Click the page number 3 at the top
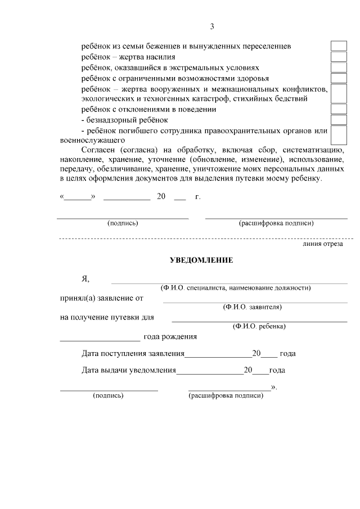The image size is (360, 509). [212, 26]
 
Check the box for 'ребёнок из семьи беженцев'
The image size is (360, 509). [338, 46]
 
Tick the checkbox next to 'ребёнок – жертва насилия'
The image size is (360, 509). [338, 56]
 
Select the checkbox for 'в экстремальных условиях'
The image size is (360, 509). [338, 67]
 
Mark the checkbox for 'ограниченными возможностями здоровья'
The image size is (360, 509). [338, 78]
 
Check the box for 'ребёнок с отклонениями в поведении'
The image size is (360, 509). [338, 109]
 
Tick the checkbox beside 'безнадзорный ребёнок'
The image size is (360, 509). [338, 119]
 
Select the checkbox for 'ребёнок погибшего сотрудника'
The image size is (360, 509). [338, 135]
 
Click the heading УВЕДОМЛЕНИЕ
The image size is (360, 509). [201, 260]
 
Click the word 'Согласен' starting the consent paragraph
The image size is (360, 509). [98, 151]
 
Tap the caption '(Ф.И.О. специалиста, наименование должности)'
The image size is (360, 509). [236, 288]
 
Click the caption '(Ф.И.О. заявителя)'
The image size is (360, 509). [252, 307]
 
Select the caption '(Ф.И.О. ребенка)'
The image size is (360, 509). [259, 326]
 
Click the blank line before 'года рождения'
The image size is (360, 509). [100, 337]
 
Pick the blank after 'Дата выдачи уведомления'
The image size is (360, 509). [210, 371]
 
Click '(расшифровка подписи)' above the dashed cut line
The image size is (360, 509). [276, 223]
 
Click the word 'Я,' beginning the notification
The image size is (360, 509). [85, 279]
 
